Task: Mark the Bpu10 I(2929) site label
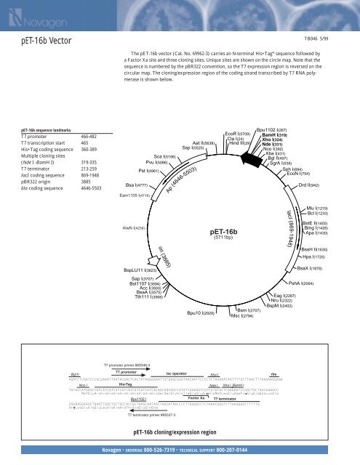tap(200, 313)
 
